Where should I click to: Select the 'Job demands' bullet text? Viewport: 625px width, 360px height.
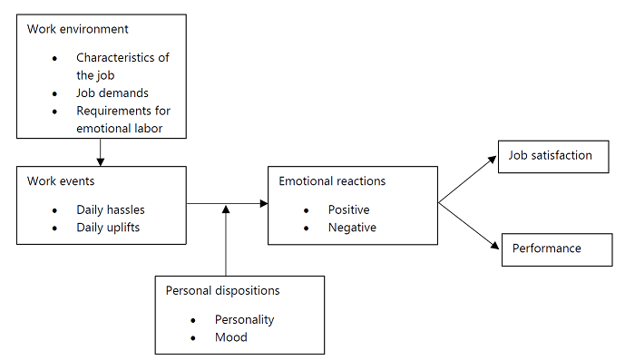(x=112, y=92)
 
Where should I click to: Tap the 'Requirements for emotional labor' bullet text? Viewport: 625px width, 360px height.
(x=123, y=120)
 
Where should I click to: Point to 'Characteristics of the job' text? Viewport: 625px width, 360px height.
(x=122, y=65)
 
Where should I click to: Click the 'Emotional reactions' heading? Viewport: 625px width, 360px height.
(x=332, y=181)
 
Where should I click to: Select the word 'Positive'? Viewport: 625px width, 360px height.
(x=349, y=209)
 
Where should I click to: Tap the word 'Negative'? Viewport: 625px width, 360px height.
(x=352, y=228)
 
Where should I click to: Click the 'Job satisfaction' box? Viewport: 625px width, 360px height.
(x=552, y=155)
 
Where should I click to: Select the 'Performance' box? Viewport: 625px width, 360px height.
(x=547, y=248)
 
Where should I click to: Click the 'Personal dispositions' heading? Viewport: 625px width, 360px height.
(x=223, y=291)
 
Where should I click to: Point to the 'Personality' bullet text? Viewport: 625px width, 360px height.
(x=244, y=319)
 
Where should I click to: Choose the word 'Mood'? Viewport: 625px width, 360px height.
(x=230, y=337)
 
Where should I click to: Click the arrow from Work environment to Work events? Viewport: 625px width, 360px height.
(x=101, y=151)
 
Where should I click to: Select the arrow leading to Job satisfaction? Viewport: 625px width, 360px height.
(x=468, y=180)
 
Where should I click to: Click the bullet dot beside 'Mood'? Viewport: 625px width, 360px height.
(x=193, y=338)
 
